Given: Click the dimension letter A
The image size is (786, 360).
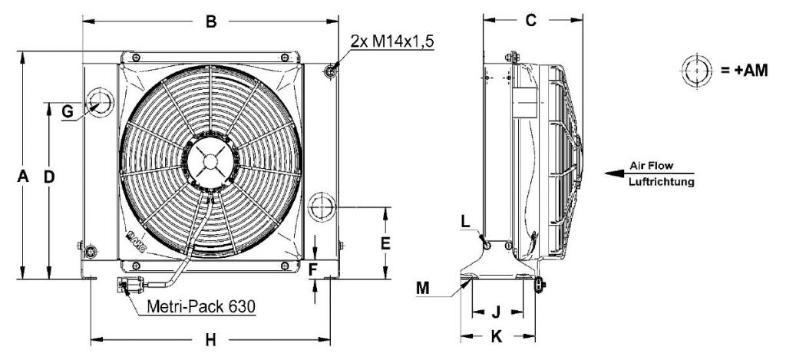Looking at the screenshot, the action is click(x=23, y=177).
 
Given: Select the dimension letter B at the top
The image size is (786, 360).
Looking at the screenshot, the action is click(x=212, y=21).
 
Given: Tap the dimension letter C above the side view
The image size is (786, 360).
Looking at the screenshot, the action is click(x=530, y=20).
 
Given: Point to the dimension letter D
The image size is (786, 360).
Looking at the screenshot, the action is click(x=48, y=177).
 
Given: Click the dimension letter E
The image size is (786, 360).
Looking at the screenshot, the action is click(x=385, y=243).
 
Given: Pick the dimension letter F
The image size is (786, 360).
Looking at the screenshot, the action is click(x=313, y=270).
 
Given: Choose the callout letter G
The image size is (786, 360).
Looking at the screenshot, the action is click(x=68, y=111).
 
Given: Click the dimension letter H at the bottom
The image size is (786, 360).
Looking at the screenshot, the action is click(x=211, y=340).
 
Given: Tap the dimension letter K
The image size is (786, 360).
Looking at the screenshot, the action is click(x=497, y=336).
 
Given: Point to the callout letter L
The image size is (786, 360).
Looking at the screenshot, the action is click(x=466, y=223).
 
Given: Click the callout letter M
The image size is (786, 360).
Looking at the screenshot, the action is click(x=423, y=289).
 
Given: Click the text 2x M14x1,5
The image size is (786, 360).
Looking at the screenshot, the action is click(x=392, y=41).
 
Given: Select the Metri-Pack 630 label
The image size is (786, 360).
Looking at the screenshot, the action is click(x=201, y=306).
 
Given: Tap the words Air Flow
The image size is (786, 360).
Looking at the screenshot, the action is click(x=652, y=166).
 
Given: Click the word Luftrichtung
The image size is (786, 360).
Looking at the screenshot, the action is click(x=662, y=181).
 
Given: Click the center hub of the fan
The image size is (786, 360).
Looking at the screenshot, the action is click(x=210, y=161).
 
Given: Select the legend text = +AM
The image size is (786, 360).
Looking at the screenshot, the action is click(x=745, y=71).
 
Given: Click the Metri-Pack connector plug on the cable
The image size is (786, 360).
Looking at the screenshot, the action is click(x=132, y=285).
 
